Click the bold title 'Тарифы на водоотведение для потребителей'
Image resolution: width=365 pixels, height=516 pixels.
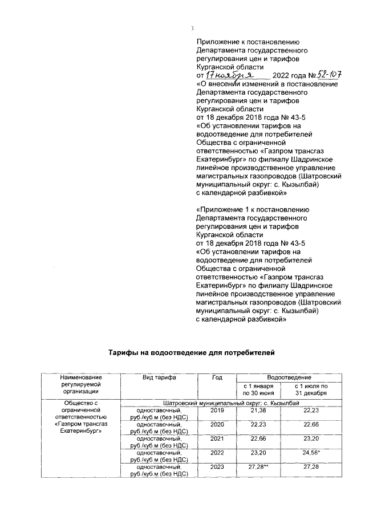(x=192, y=353)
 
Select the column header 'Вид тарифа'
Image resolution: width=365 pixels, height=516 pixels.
(x=159, y=378)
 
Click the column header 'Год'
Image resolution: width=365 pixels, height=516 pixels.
(x=217, y=378)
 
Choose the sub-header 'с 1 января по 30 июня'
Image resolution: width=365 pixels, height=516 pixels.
(x=259, y=390)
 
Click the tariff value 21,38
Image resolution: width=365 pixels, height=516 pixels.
(x=259, y=411)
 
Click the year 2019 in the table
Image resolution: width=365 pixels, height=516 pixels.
(x=217, y=411)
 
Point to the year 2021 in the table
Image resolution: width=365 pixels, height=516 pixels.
(x=217, y=439)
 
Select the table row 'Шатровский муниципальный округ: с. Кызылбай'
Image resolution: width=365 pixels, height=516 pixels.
(x=232, y=403)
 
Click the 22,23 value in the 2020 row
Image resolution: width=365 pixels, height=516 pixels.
(x=259, y=425)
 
